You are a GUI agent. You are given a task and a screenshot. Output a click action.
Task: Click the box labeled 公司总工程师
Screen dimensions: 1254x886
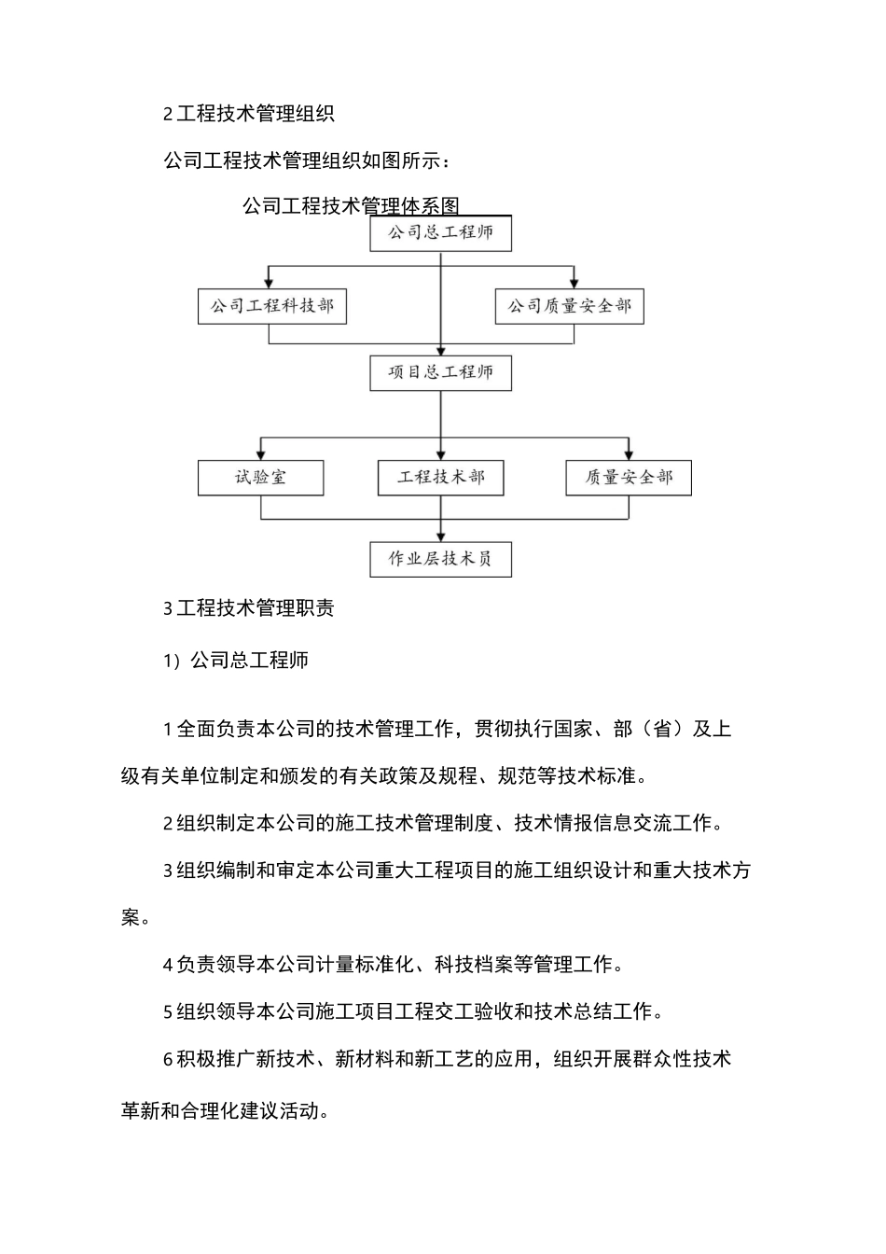[441, 232]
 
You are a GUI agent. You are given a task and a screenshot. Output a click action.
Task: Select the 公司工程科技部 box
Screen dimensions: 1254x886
[272, 306]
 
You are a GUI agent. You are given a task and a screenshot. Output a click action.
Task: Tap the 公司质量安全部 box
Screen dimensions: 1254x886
[569, 306]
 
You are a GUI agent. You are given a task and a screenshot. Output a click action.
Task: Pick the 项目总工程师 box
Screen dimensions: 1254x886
[441, 372]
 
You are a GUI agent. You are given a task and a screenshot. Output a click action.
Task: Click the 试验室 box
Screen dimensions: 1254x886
[261, 477]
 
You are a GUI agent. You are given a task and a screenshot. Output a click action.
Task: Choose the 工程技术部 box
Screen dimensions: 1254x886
[441, 477]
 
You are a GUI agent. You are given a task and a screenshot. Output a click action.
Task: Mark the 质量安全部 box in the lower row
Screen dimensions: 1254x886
[629, 477]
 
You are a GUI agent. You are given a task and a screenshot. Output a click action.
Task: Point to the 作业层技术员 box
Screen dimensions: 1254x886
[441, 559]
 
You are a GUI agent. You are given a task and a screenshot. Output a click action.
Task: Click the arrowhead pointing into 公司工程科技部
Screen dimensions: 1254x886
[270, 283]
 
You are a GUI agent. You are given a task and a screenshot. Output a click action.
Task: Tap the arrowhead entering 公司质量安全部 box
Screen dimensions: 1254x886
[575, 283]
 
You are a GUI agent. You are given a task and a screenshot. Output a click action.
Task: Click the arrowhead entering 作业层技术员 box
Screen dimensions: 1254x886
[441, 536]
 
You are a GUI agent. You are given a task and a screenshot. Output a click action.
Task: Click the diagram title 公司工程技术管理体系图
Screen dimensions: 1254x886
[352, 205]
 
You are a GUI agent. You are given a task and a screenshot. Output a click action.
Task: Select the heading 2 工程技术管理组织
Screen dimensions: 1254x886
[248, 114]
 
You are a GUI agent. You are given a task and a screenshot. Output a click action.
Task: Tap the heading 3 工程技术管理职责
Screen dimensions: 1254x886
[248, 608]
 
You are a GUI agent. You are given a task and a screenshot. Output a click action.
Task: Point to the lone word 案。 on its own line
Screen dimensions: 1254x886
[135, 917]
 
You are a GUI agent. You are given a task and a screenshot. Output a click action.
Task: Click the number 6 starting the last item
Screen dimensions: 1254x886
[168, 1059]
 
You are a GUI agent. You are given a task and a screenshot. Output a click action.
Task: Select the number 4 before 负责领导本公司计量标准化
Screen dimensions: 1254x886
[168, 964]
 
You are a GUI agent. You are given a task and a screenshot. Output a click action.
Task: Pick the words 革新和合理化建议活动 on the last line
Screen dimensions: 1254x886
[224, 1111]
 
